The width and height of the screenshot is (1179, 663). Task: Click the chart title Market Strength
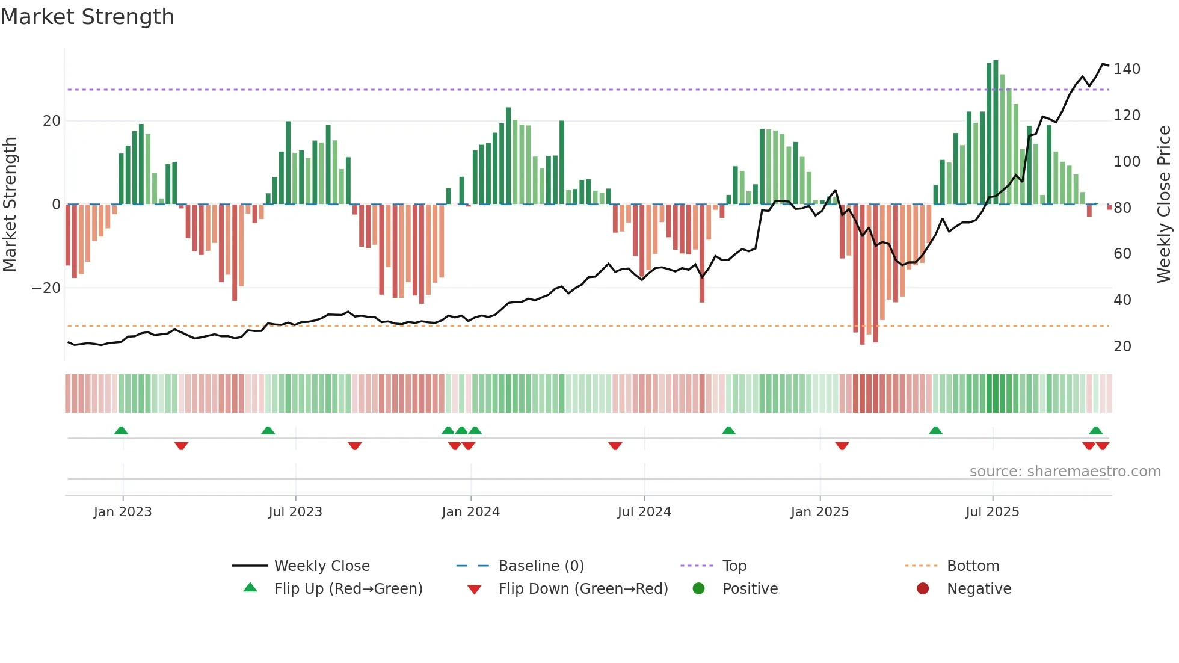coord(87,17)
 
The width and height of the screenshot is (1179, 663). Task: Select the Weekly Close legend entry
coord(321,566)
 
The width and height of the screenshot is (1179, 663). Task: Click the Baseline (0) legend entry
coord(541,566)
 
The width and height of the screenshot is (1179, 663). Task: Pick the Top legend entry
coord(734,566)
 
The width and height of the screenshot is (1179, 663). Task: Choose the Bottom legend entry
coord(973,566)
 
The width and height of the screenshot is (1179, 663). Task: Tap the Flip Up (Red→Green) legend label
coord(348,589)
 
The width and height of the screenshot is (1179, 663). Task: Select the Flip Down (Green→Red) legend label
coord(583,589)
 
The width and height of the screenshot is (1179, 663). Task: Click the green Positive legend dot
coord(698,588)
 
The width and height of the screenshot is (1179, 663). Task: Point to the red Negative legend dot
coord(923,588)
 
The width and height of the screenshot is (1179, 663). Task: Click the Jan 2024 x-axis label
coord(470,512)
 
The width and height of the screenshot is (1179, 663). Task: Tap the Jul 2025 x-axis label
coord(993,512)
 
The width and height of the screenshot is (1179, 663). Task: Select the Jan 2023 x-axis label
coord(123,512)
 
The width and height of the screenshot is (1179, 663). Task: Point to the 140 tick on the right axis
coord(1127,69)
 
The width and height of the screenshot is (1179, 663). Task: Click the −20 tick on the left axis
coord(46,288)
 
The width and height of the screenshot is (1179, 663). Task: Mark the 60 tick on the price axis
coord(1122,254)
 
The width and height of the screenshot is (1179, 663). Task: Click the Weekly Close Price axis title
coord(1164,205)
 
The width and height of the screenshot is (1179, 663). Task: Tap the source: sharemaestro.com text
coord(1065,472)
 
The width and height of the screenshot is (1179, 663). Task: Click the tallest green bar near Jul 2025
coord(996,132)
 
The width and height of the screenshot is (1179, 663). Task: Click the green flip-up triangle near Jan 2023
coord(121,430)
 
